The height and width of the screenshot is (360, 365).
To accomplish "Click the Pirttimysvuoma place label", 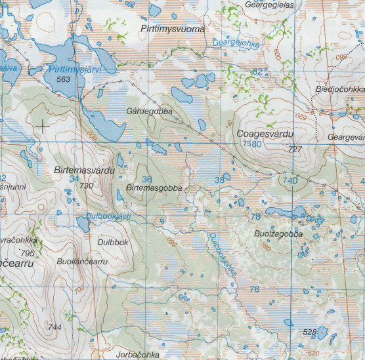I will (173, 30).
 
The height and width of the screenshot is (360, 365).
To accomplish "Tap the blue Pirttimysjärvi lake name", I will (77, 69).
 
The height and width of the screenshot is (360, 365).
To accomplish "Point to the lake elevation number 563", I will (64, 79).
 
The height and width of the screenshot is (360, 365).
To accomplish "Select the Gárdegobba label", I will (149, 111).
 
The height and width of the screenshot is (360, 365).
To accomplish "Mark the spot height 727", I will (295, 150).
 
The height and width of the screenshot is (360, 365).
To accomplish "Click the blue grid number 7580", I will (251, 144).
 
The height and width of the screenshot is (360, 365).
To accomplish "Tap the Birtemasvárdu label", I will (85, 170).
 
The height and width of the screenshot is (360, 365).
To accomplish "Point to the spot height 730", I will (86, 186).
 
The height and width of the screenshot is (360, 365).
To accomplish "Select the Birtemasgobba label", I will (153, 188).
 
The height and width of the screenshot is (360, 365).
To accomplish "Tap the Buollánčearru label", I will (82, 261).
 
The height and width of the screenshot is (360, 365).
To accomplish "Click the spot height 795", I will (27, 253).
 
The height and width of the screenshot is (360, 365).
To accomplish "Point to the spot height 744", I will (54, 327).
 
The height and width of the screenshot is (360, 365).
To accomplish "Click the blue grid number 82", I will (258, 71).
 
